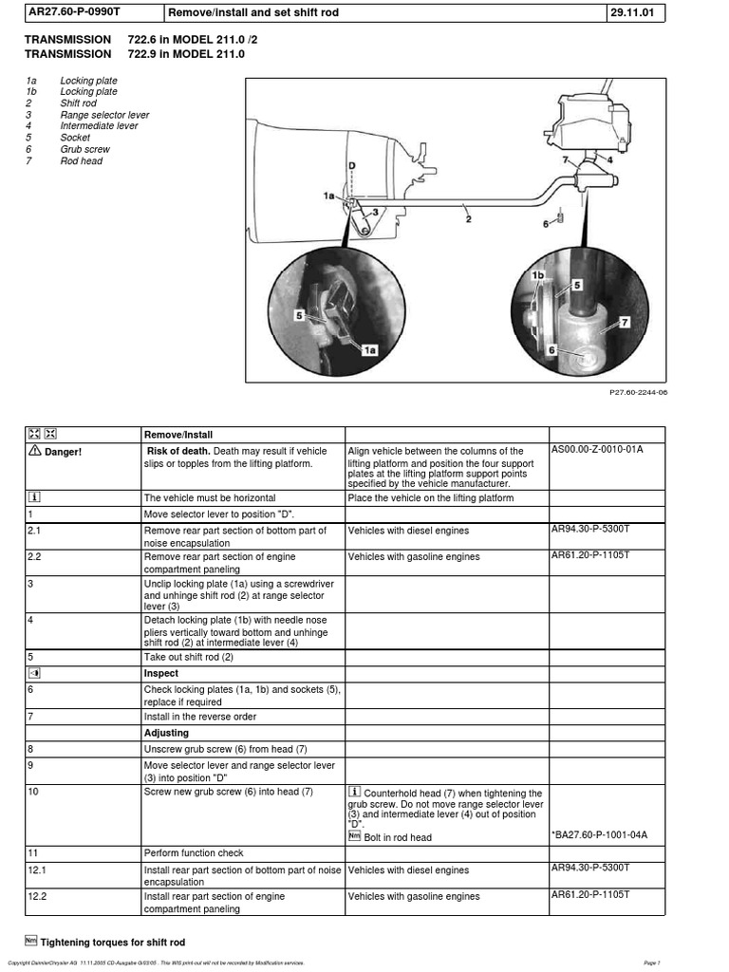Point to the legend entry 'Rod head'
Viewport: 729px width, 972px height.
[82, 160]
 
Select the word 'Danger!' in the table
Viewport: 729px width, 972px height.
[63, 451]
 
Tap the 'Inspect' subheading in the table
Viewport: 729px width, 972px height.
[160, 672]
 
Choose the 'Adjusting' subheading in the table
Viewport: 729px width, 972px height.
[166, 733]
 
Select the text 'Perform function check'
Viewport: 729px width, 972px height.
[194, 852]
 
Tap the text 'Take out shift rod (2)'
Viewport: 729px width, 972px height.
[188, 656]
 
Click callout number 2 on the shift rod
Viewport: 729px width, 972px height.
[468, 218]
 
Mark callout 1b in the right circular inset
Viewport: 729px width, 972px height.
[537, 275]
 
